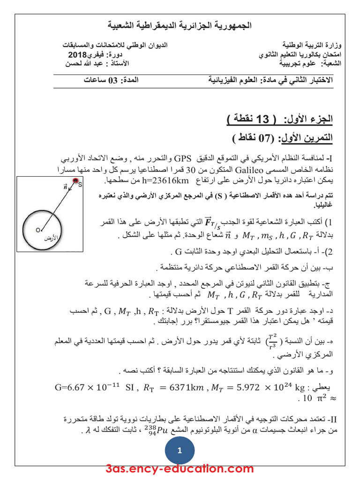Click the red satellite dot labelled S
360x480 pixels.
pos(75,181)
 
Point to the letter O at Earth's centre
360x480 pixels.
pos(38,230)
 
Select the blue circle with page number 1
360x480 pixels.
pos(180,451)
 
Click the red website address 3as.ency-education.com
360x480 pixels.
pos(180,469)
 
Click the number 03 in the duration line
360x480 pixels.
pos(113,80)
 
